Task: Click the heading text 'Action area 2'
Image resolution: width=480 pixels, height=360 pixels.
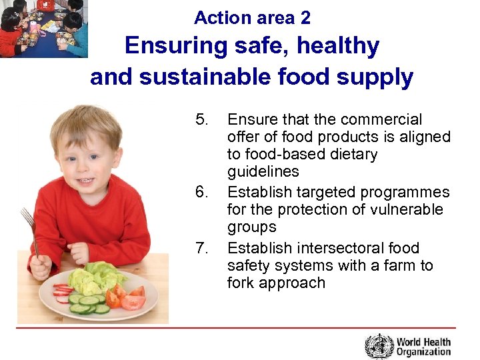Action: (x=252, y=17)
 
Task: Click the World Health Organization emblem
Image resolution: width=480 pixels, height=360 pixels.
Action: (x=379, y=346)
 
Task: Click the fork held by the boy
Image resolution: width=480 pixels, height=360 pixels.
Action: (x=29, y=230)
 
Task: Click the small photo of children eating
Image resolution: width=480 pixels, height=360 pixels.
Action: (x=43, y=28)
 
